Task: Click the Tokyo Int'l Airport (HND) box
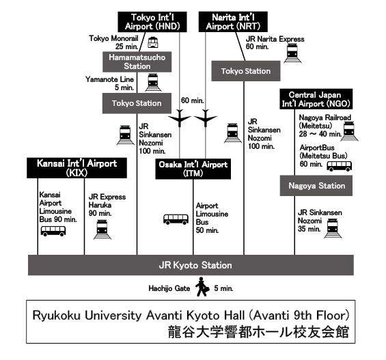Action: (x=152, y=22)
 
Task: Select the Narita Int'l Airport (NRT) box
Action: (x=233, y=22)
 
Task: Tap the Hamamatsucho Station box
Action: (x=137, y=61)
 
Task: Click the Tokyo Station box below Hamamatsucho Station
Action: (x=137, y=103)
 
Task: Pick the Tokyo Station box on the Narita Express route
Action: (x=246, y=71)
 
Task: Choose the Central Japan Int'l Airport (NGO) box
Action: (x=316, y=99)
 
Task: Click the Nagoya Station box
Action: (x=316, y=186)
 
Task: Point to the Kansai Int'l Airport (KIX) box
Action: (x=77, y=168)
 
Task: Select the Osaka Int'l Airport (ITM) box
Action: (x=193, y=169)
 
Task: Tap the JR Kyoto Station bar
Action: (x=191, y=265)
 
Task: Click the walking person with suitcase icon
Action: (x=202, y=287)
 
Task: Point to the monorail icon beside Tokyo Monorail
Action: (x=153, y=42)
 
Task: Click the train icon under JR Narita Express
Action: (x=292, y=53)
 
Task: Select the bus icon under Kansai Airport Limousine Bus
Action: (x=53, y=231)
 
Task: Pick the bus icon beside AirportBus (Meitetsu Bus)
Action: (x=340, y=166)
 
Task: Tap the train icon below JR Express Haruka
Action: (x=102, y=230)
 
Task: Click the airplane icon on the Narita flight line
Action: (x=206, y=118)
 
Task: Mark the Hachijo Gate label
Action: (x=169, y=288)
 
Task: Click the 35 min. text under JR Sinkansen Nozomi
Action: (x=309, y=229)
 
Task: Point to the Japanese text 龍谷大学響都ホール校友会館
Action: (x=258, y=331)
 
